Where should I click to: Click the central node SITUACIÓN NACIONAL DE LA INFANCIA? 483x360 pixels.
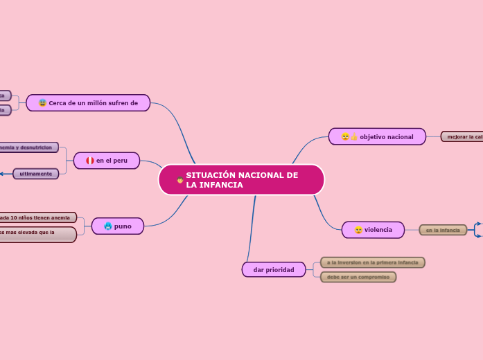241,180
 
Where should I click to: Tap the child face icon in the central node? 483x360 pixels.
180,180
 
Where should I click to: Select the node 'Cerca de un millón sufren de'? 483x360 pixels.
88,103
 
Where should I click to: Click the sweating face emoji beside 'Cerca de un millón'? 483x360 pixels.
43,103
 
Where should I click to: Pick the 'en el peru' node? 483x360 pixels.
107,161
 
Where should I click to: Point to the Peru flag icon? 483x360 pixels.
90,161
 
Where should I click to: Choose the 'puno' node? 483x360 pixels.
118,226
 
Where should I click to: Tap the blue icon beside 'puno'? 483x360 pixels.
108,226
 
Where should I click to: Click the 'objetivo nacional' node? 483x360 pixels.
378,137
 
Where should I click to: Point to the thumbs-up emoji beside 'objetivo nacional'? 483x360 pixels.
354,137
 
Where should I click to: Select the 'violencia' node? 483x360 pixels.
373,230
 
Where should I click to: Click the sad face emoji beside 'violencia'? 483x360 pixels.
358,230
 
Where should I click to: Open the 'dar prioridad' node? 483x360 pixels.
274,269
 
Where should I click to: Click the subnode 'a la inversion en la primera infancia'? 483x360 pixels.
373,262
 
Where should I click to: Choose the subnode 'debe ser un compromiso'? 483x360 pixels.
358,277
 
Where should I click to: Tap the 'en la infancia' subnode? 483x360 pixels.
443,230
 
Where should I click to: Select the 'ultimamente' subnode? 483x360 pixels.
36,174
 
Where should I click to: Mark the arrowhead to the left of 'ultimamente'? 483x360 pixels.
2,174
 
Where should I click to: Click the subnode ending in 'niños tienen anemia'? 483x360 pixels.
37,217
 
